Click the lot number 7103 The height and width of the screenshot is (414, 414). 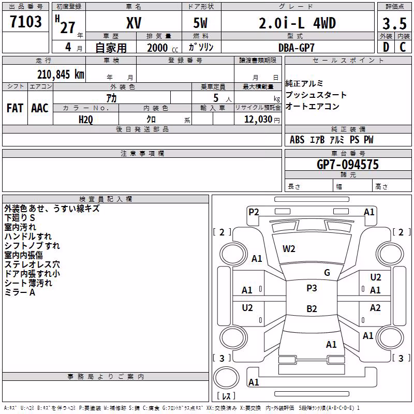click(x=25, y=21)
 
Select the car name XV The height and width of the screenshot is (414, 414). click(x=134, y=23)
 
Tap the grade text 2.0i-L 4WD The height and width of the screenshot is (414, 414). click(x=297, y=23)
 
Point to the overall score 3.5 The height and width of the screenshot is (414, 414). click(x=394, y=23)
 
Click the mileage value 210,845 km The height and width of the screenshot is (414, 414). click(x=61, y=75)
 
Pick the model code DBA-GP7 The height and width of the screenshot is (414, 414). click(x=297, y=48)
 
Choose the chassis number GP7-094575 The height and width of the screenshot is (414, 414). click(x=348, y=165)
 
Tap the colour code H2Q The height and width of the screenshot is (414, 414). click(x=86, y=120)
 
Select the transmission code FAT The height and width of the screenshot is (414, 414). click(x=15, y=108)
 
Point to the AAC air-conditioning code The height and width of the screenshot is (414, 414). click(x=40, y=108)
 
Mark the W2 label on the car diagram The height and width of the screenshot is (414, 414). click(x=289, y=249)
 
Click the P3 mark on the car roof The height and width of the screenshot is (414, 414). click(x=312, y=288)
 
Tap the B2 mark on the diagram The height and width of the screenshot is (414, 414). click(x=312, y=308)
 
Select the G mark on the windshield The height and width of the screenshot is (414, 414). click(x=327, y=273)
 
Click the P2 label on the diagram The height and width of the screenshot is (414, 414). click(x=254, y=212)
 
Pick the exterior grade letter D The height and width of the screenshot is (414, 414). click(x=386, y=47)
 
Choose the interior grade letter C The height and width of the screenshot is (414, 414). click(x=403, y=47)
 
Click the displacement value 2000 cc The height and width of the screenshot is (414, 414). click(x=162, y=48)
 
